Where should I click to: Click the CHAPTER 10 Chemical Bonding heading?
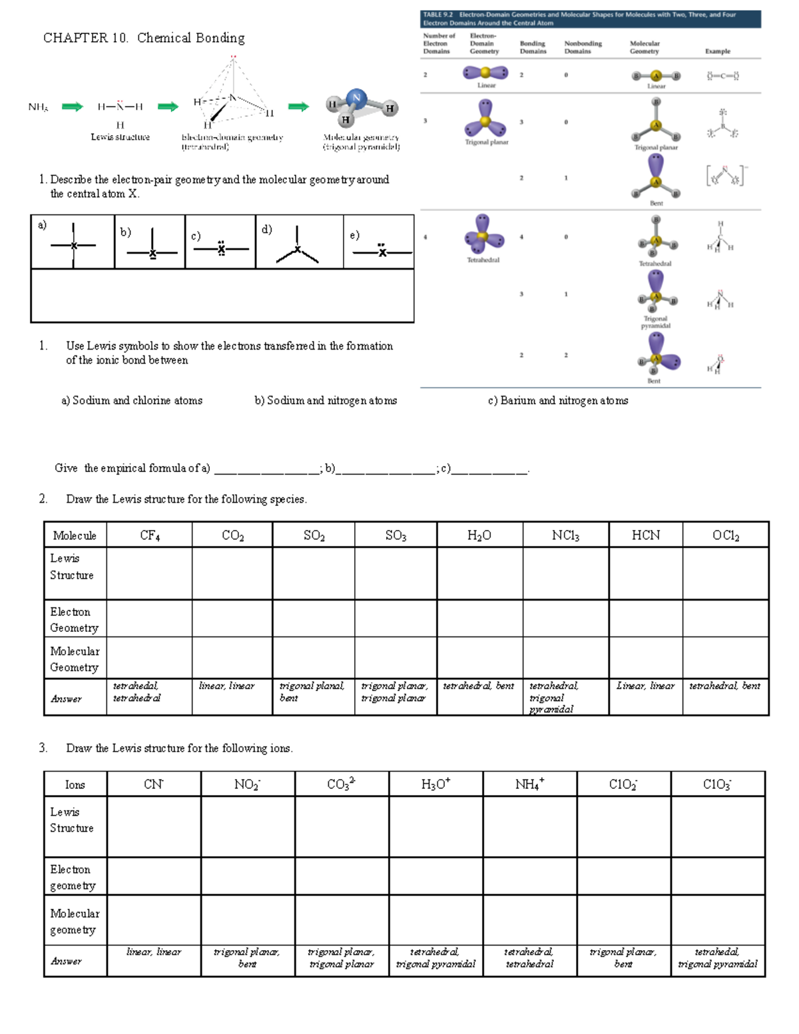[144, 38]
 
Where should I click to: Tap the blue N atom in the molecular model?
[356, 98]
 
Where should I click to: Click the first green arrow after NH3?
[72, 107]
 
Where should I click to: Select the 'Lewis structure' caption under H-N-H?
[120, 137]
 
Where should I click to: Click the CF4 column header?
[149, 535]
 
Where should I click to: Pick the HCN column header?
[645, 535]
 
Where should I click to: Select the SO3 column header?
[396, 535]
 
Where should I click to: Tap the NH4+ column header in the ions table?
[529, 784]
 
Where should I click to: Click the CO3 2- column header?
[341, 784]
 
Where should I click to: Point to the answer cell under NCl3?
[565, 697]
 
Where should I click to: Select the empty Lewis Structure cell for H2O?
[479, 573]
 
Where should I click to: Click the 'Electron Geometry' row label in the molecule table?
[74, 620]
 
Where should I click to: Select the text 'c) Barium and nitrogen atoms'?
[557, 401]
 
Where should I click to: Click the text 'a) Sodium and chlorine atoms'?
[132, 401]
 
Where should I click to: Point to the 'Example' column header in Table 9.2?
[717, 51]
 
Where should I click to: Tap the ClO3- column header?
[717, 784]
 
